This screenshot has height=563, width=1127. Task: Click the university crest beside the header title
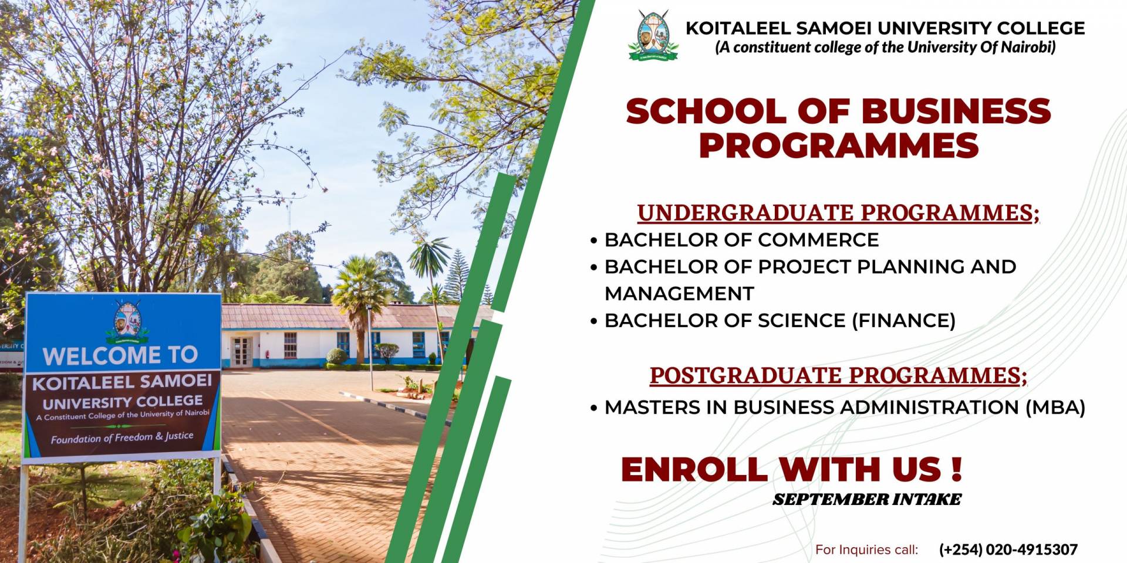click(653, 35)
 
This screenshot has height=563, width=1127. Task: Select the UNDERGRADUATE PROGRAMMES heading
click(838, 213)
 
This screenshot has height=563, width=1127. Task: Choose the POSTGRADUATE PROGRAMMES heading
click(838, 375)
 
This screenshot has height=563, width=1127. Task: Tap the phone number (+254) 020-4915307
click(1008, 550)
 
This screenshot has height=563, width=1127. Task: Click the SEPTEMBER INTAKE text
click(867, 500)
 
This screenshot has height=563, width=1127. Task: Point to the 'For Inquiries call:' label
click(867, 550)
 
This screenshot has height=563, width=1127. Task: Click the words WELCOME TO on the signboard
click(120, 355)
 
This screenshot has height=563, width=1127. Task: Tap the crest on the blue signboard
click(127, 321)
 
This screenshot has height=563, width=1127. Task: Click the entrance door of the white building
click(241, 352)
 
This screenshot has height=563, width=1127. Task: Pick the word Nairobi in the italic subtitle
click(1028, 48)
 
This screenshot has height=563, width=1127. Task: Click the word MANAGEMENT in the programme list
click(679, 293)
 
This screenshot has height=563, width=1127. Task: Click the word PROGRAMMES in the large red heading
click(839, 145)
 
